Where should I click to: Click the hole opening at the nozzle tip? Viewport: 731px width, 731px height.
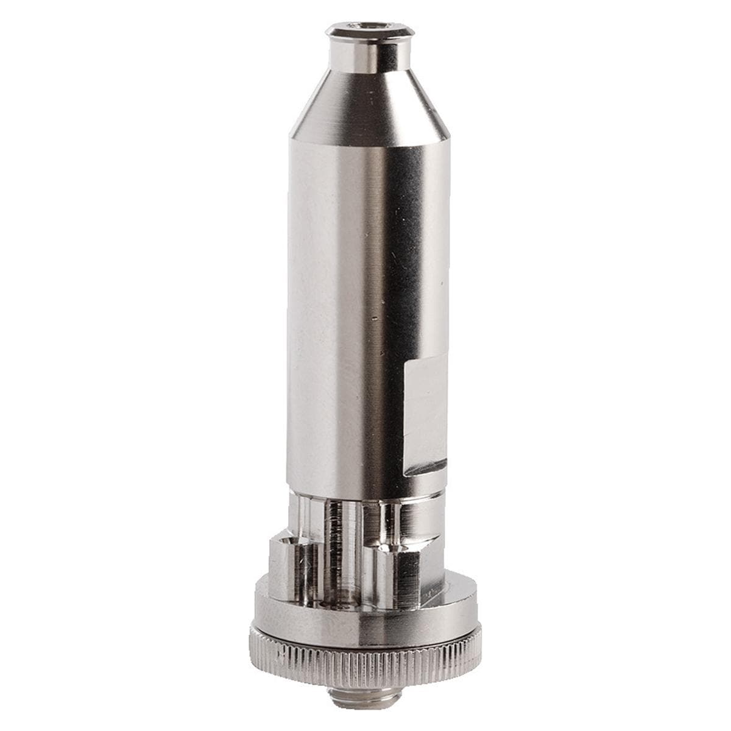pos(370,26)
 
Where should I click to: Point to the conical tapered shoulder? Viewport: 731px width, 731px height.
pos(369,110)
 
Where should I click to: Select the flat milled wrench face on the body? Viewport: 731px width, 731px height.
pos(426,408)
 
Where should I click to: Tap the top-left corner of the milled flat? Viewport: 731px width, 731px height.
pos(407,363)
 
